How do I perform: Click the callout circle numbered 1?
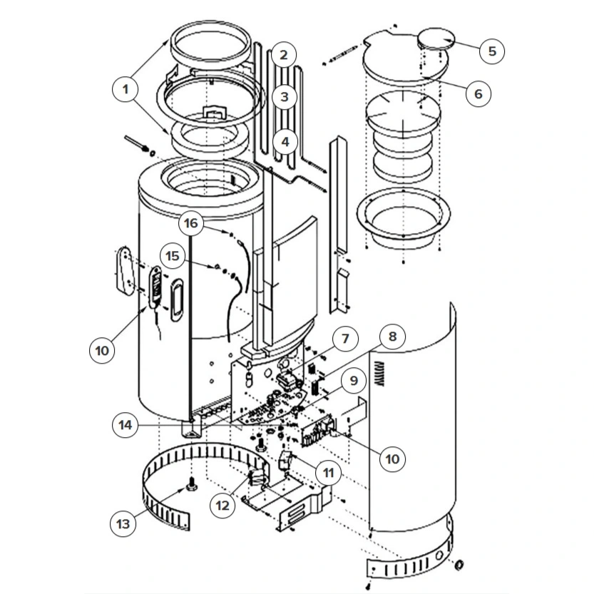pos(126,89)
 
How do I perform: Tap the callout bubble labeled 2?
pos(284,55)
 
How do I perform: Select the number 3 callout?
pos(285,97)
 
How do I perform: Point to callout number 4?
pos(285,142)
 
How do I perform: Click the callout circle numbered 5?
pos(492,51)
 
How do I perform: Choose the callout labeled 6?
pos(478,93)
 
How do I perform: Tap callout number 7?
pos(345,339)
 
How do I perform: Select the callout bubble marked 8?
pos(392,337)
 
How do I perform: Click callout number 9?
pos(354,380)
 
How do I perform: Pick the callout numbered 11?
pos(328,472)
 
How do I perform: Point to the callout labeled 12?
pos(222,506)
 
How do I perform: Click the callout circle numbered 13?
pos(123,524)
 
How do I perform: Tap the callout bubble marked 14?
pos(126,425)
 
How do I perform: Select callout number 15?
pos(173,256)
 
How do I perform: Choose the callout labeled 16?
pos(190,223)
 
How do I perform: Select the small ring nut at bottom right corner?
pos(459,565)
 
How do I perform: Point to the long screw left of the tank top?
pos(135,143)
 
